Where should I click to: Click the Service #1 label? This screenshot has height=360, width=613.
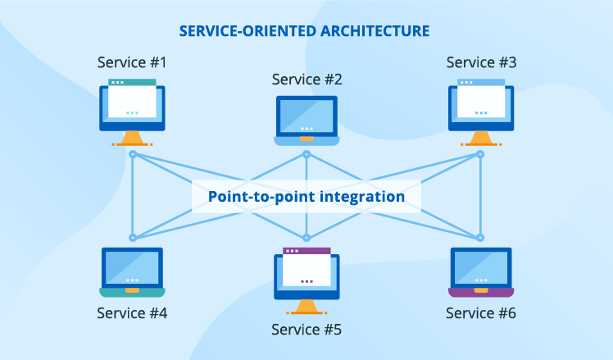[x=132, y=62]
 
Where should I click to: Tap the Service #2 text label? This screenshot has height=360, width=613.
[x=306, y=80]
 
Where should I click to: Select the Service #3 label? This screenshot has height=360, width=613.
[x=481, y=62]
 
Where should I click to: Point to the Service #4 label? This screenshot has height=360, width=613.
[x=132, y=313]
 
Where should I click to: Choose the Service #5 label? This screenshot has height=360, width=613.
[x=306, y=330]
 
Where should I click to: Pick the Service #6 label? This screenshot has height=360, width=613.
[x=481, y=313]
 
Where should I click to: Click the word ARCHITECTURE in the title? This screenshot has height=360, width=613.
[x=375, y=31]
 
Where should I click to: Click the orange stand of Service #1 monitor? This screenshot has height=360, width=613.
[x=132, y=139]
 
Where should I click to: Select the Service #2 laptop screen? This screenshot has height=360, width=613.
[x=306, y=116]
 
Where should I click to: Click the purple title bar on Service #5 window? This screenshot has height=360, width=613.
[x=306, y=251]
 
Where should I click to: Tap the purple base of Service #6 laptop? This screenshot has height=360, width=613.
[x=481, y=292]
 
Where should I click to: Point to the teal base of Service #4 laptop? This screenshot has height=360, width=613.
[x=132, y=292]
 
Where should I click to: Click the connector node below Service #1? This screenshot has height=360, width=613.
[x=133, y=154]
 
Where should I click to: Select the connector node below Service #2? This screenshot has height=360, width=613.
[x=306, y=154]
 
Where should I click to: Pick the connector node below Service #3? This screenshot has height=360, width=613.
[x=480, y=154]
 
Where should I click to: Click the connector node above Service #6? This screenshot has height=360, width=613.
[x=480, y=238]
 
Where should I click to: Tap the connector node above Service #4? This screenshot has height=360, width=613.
[x=133, y=238]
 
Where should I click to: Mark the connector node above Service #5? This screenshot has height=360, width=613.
[x=306, y=238]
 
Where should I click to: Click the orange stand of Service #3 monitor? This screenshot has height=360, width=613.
[x=481, y=139]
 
